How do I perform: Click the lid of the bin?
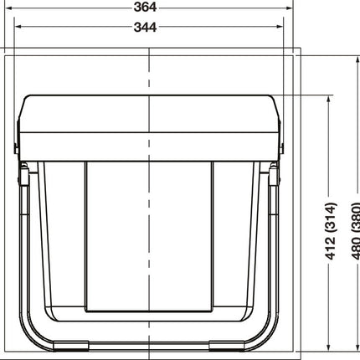151,126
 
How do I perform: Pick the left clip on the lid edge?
17,147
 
